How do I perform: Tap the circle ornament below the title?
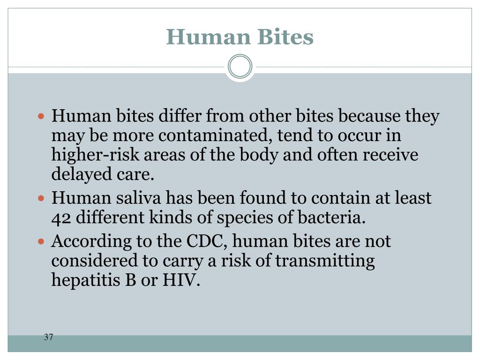(x=240, y=67)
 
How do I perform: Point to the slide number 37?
(x=48, y=337)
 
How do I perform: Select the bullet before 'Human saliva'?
(x=41, y=198)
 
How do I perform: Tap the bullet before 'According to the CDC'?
(x=41, y=242)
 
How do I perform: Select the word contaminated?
(x=215, y=135)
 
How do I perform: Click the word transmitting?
(x=325, y=261)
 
